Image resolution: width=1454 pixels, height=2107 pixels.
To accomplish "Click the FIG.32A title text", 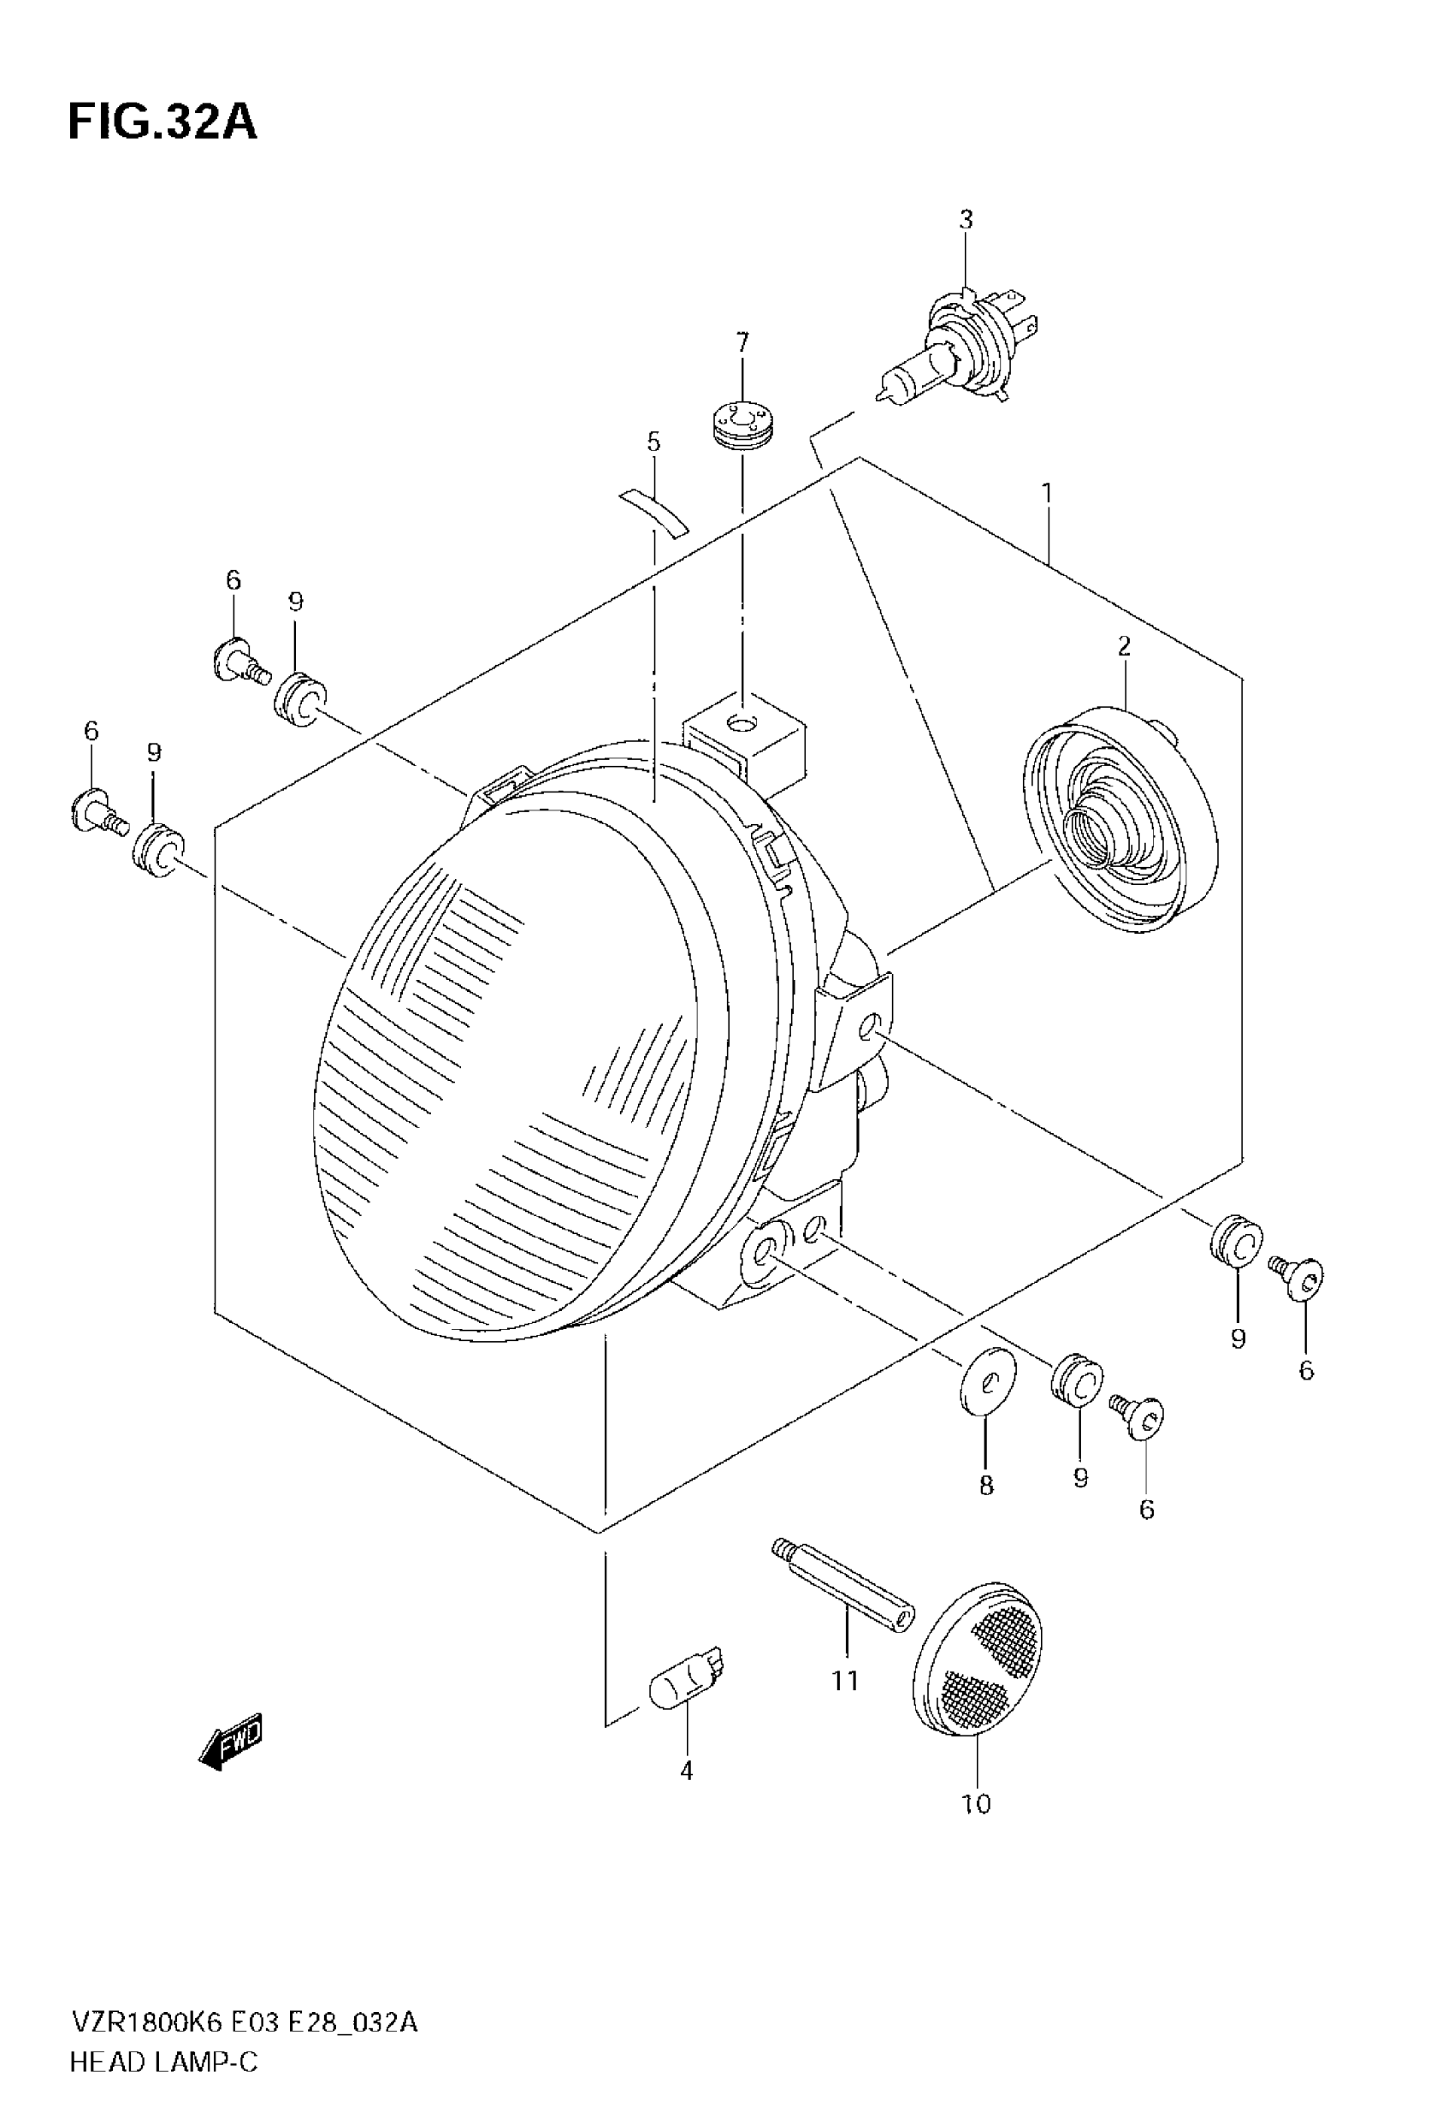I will [163, 122].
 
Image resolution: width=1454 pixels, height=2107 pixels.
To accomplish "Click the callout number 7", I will [742, 342].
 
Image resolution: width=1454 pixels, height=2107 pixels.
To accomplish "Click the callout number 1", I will [1048, 493].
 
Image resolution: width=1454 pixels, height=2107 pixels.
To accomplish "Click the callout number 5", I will [653, 442].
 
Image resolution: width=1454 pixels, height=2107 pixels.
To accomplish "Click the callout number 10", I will [976, 1803].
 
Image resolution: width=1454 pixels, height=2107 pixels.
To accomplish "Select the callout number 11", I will [845, 1681].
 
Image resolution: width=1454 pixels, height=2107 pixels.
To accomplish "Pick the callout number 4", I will [687, 1771].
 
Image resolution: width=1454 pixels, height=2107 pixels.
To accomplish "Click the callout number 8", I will [986, 1487].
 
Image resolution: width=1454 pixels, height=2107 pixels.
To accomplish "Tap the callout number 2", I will [1124, 646].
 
